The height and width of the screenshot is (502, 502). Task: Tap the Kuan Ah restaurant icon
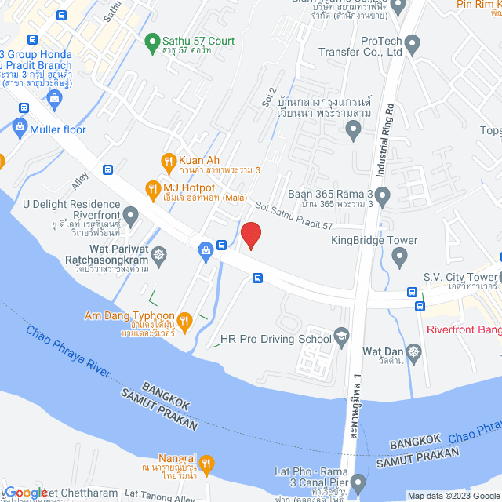click(x=167, y=162)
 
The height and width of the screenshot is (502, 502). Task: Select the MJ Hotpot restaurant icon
click(x=152, y=187)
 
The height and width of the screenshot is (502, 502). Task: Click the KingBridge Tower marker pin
click(x=398, y=256)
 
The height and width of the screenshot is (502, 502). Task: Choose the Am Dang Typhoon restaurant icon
click(x=184, y=320)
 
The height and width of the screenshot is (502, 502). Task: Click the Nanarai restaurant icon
click(x=206, y=464)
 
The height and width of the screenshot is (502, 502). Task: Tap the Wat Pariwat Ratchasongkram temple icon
click(x=159, y=255)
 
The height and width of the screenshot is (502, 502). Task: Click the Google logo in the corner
click(x=25, y=492)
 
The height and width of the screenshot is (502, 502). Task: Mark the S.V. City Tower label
click(x=460, y=277)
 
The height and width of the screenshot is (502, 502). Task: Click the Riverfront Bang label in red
click(x=464, y=329)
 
